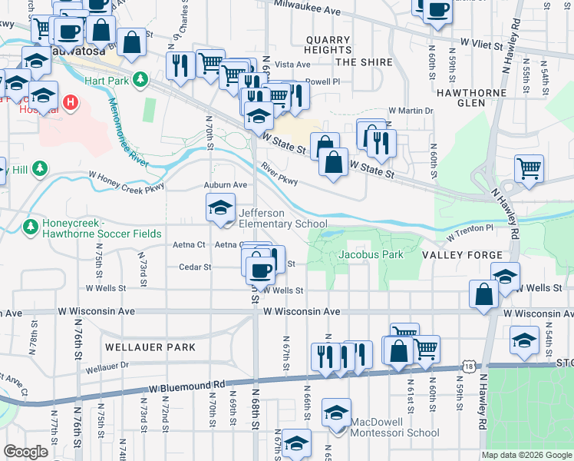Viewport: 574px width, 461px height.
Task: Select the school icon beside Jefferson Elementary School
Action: [x=220, y=207]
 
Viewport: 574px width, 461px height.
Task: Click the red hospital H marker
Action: [x=71, y=101]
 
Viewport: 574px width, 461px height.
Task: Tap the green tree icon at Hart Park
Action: [x=140, y=79]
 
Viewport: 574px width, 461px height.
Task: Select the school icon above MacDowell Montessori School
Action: [x=335, y=413]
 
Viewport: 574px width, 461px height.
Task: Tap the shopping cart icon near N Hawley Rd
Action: [x=529, y=167]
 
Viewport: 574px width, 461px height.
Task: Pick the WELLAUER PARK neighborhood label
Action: [x=150, y=347]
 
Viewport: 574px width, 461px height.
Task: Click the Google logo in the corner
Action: [x=26, y=452]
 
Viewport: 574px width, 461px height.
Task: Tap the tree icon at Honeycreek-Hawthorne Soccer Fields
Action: [x=30, y=227]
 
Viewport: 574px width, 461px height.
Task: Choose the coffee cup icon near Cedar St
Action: [x=259, y=268]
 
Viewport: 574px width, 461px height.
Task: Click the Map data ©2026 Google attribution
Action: [x=526, y=455]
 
